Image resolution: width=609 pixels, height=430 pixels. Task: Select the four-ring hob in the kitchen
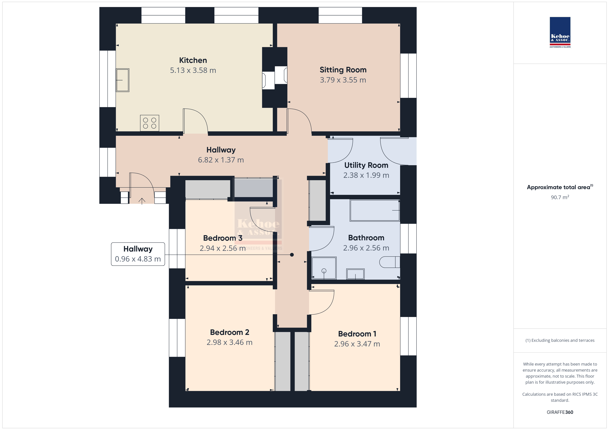point(150,123)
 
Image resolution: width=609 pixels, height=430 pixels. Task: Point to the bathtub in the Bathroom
point(375,211)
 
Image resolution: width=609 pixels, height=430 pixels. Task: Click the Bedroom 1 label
point(357,334)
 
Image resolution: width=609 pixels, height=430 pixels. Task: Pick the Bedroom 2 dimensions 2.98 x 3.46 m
point(229,342)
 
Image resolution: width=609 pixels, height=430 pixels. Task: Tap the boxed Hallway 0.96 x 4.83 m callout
point(138,254)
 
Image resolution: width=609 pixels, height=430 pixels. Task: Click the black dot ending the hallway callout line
point(292,255)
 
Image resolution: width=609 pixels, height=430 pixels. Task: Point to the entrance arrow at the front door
point(142,201)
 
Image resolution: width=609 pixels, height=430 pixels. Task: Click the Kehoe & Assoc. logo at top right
point(560,32)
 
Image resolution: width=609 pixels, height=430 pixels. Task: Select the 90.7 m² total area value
point(560,197)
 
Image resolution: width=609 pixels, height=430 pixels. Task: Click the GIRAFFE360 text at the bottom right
point(560,412)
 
